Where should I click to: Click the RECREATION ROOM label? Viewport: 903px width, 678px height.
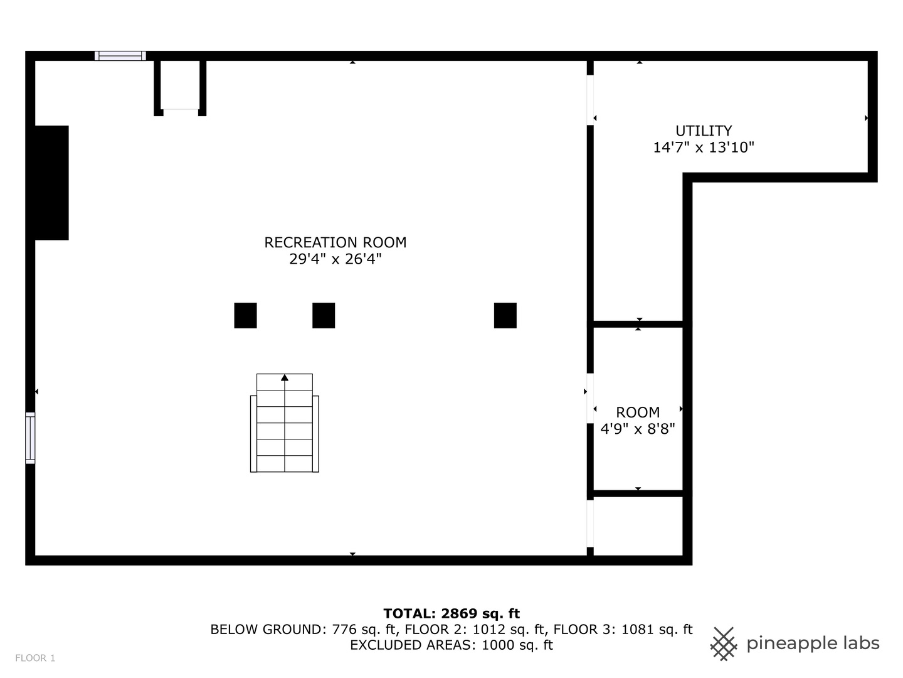tap(335, 242)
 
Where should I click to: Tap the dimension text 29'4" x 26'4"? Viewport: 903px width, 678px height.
tap(335, 259)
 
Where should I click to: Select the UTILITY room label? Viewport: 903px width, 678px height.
tap(703, 131)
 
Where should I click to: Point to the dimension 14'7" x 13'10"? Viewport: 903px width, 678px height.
tap(703, 148)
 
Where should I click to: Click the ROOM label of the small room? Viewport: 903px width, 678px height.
tap(638, 412)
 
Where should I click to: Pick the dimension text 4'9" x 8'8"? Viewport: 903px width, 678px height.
tap(638, 429)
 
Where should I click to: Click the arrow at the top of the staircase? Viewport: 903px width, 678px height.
tap(285, 377)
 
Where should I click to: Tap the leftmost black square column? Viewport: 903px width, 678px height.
tap(245, 315)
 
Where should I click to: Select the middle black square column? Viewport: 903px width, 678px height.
tap(324, 315)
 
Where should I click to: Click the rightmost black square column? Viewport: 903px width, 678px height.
tap(505, 315)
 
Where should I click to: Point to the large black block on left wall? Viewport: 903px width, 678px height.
tap(51, 183)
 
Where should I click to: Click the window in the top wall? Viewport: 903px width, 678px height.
tap(120, 56)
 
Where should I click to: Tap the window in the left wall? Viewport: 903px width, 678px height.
tap(30, 438)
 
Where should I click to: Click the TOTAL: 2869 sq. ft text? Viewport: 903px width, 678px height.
tap(451, 613)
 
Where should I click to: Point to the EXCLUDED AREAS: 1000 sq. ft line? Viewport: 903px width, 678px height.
tap(451, 645)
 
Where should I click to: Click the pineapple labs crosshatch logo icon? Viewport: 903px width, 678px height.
tap(724, 643)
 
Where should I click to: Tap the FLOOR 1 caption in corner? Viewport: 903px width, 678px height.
tap(35, 658)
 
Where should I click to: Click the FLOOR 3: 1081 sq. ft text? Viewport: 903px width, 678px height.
tap(623, 629)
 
